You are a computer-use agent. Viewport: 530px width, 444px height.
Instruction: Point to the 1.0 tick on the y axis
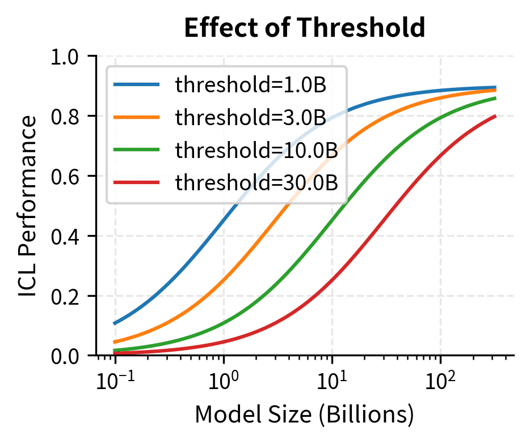point(66,57)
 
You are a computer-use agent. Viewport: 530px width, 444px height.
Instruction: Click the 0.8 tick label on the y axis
point(66,117)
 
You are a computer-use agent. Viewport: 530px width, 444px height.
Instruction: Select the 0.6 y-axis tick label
point(66,176)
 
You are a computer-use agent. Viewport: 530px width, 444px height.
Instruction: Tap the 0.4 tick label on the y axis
point(66,236)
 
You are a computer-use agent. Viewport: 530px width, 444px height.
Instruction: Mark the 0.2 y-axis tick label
point(66,296)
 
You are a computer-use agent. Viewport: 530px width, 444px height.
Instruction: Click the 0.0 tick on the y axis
point(66,356)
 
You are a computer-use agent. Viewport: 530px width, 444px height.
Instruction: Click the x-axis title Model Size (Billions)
point(305,416)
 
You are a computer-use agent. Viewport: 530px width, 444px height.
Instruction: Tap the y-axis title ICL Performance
point(28,206)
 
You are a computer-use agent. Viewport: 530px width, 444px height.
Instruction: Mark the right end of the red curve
point(495,116)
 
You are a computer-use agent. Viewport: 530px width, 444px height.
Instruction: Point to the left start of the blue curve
point(115,324)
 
